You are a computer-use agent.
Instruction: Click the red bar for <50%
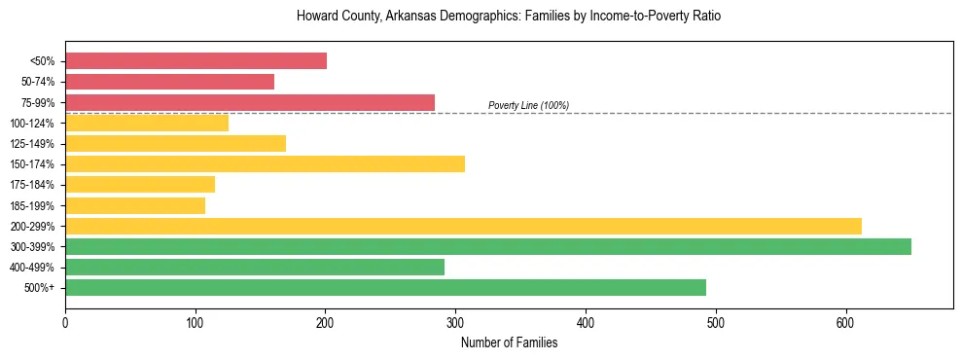point(196,61)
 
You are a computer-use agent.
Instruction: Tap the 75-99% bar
point(250,102)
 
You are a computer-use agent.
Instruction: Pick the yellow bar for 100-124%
point(147,123)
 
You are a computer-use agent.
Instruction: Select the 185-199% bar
point(135,205)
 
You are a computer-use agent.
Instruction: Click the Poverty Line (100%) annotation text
point(528,105)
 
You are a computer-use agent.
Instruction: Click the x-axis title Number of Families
point(509,342)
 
